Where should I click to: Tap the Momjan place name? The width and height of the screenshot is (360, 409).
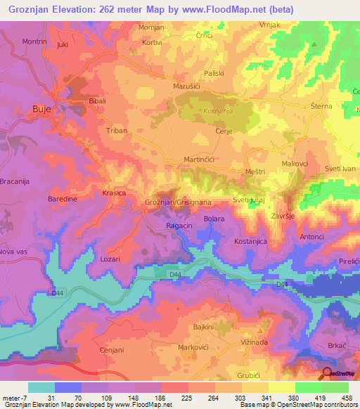(153, 27)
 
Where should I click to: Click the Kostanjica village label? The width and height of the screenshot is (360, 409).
(252, 241)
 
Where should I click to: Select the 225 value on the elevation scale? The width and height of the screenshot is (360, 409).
(185, 398)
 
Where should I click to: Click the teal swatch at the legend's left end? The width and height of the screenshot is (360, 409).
(41, 387)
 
